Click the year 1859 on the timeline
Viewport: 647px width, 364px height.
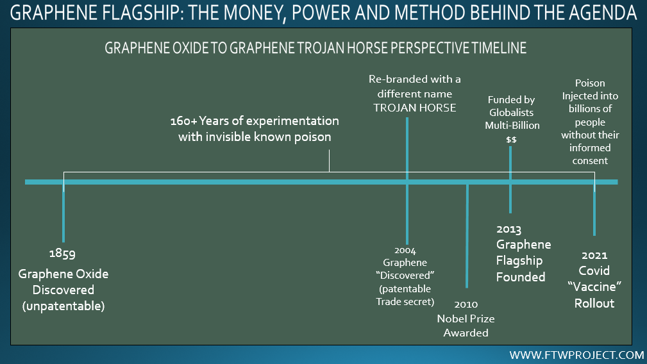click(x=62, y=253)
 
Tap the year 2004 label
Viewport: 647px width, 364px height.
click(x=405, y=250)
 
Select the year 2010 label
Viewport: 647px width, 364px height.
click(x=466, y=304)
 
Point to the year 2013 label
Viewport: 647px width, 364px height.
click(x=508, y=229)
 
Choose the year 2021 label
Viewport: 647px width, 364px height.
click(x=594, y=255)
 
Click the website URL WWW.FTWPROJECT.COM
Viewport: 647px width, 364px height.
click(x=576, y=354)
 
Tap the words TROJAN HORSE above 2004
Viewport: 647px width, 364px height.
click(x=415, y=108)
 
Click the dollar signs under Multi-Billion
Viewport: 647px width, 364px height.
click(x=511, y=140)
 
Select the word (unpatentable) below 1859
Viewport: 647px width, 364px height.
click(x=63, y=306)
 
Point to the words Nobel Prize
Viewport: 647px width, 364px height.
click(x=466, y=318)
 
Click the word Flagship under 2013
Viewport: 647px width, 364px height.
click(x=519, y=261)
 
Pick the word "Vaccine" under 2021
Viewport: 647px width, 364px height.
click(x=594, y=286)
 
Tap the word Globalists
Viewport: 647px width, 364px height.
click(x=511, y=113)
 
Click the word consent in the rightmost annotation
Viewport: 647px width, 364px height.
click(x=590, y=161)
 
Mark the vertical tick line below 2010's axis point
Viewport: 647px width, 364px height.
click(x=467, y=236)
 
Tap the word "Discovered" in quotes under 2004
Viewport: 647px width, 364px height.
click(x=405, y=276)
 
